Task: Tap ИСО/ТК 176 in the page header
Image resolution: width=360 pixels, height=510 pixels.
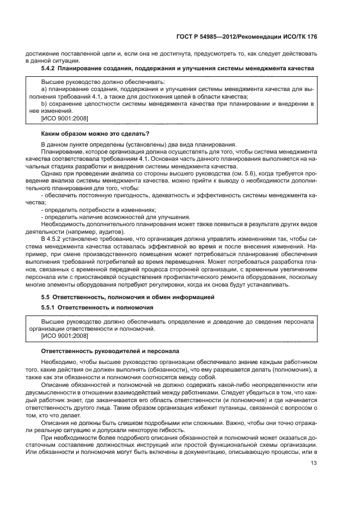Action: point(299,36)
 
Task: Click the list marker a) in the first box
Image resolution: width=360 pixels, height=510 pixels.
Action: point(44,88)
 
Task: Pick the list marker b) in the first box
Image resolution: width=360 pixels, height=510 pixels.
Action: point(44,103)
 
